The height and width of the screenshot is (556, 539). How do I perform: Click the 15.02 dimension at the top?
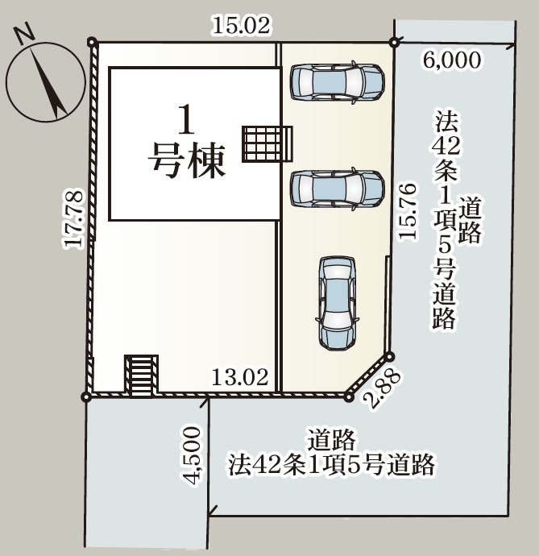click(242, 26)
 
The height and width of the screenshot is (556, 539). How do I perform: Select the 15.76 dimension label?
click(407, 212)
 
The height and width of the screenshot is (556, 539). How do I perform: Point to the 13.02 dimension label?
click(240, 377)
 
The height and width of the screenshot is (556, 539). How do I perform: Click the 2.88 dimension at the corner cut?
click(384, 389)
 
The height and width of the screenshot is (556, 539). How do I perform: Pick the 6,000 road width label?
click(452, 60)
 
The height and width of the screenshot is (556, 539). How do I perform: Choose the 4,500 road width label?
click(193, 455)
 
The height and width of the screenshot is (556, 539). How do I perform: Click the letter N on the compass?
click(24, 35)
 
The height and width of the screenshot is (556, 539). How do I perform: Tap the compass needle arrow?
click(48, 83)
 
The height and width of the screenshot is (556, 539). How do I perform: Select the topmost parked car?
click(338, 82)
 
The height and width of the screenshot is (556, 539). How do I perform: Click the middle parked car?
click(338, 189)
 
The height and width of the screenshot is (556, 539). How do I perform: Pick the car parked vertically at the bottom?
click(336, 303)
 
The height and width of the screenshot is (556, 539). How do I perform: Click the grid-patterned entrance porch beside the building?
click(267, 144)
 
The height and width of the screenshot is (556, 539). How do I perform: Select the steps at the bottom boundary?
click(142, 376)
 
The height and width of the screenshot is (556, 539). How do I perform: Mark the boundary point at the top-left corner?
click(92, 42)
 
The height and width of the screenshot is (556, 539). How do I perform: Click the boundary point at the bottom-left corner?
click(86, 396)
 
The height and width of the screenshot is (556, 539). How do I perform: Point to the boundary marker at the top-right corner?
click(394, 42)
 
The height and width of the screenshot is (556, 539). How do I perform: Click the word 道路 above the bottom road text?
click(331, 439)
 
